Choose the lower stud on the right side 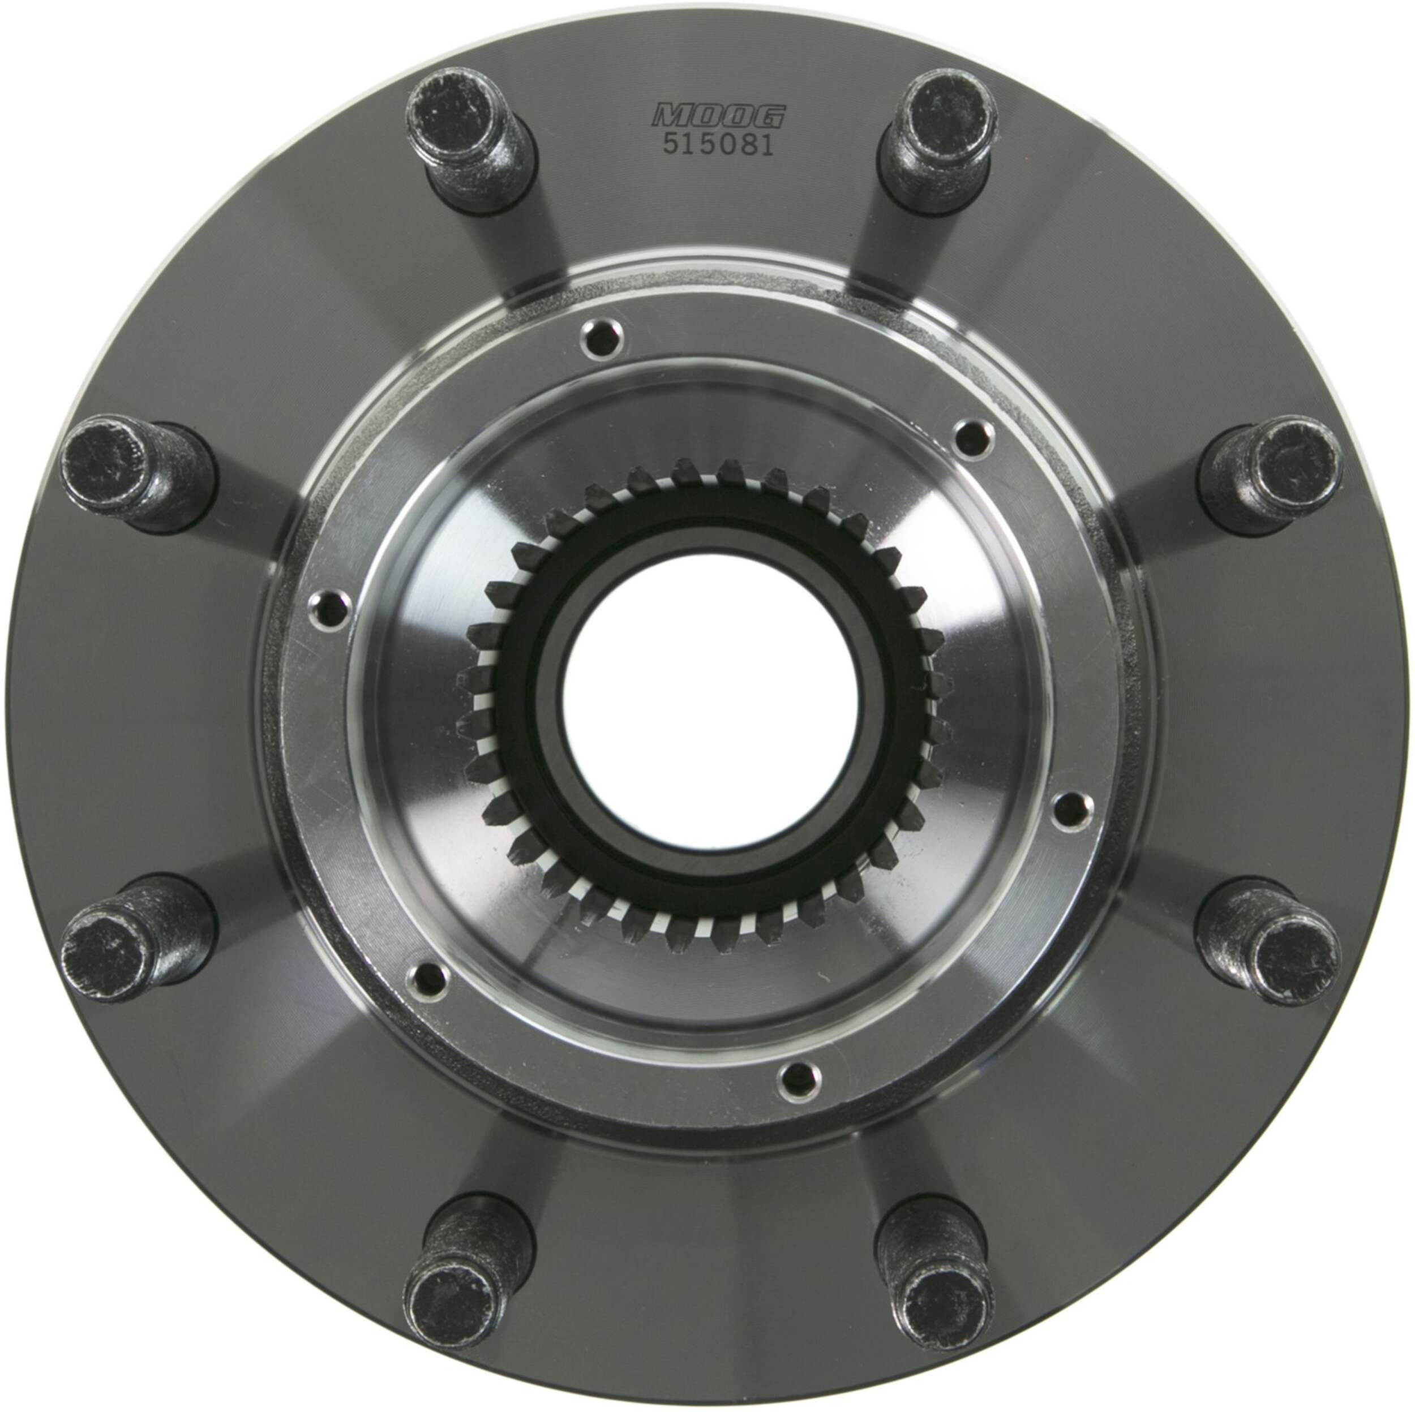[1271, 944]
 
